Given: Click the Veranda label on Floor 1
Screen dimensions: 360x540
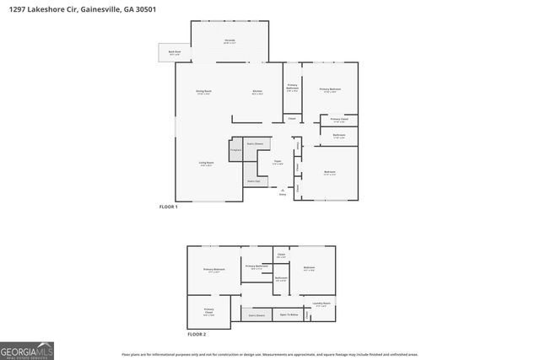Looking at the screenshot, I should click(x=229, y=41).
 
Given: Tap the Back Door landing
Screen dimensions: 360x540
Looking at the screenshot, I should click(x=175, y=53).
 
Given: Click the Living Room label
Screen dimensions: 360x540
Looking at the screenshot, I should click(x=205, y=164).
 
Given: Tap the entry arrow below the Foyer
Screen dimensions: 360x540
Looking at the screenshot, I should click(x=282, y=191).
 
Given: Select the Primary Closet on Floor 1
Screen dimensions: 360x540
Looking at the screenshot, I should click(x=338, y=120).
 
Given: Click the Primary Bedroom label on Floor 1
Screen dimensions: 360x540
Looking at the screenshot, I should click(x=329, y=89).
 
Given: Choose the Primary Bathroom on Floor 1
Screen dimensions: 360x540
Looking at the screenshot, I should click(x=292, y=87).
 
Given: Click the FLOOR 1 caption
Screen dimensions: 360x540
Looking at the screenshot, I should click(x=169, y=207).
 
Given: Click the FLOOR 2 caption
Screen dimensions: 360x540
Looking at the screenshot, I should click(x=196, y=335).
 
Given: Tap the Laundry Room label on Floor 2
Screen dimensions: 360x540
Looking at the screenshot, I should click(x=321, y=304).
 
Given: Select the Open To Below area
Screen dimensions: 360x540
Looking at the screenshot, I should click(x=290, y=314).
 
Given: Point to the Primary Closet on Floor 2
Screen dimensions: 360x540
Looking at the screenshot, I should click(x=208, y=312).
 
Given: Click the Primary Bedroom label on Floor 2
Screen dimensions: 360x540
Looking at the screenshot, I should click(x=213, y=271).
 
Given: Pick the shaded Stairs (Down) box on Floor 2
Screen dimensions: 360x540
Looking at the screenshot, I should click(x=256, y=314).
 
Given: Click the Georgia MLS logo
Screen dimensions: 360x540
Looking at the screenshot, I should click(x=27, y=350).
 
